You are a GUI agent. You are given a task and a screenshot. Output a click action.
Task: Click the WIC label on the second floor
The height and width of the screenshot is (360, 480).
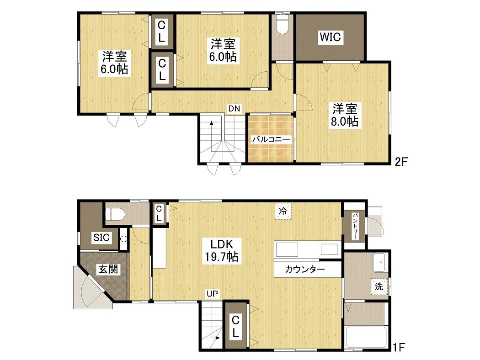[331, 37]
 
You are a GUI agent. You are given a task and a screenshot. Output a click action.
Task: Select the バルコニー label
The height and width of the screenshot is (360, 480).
[271, 140]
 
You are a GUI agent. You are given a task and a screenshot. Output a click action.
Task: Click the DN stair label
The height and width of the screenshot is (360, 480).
[234, 109]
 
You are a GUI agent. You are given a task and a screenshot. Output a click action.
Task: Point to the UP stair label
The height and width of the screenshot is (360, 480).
[212, 294]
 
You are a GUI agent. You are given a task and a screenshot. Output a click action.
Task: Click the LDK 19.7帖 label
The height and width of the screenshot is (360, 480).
[222, 250]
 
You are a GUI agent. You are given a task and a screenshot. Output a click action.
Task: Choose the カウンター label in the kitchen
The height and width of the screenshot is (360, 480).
[305, 270]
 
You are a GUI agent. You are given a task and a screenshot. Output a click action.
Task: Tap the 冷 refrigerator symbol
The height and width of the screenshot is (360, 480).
[283, 211]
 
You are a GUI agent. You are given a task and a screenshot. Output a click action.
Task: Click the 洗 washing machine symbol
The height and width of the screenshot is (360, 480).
[379, 286]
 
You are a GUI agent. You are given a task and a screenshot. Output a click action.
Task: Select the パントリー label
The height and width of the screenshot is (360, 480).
[355, 226]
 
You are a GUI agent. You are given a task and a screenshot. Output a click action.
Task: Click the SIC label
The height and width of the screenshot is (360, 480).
[101, 238]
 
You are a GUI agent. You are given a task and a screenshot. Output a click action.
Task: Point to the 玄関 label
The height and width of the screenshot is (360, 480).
[108, 270]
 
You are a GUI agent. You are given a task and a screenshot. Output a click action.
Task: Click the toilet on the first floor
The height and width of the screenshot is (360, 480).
[115, 214]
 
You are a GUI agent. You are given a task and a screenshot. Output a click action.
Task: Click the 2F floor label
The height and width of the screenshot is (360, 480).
[401, 161]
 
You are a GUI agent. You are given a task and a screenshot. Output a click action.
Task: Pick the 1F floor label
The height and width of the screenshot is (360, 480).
[399, 347]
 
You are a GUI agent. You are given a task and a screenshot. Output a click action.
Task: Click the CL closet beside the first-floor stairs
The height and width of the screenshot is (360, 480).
[235, 326]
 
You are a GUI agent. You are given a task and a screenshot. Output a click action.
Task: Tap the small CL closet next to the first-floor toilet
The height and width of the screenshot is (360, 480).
[159, 213]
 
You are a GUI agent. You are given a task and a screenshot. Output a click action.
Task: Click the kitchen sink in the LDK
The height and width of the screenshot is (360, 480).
[287, 249]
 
